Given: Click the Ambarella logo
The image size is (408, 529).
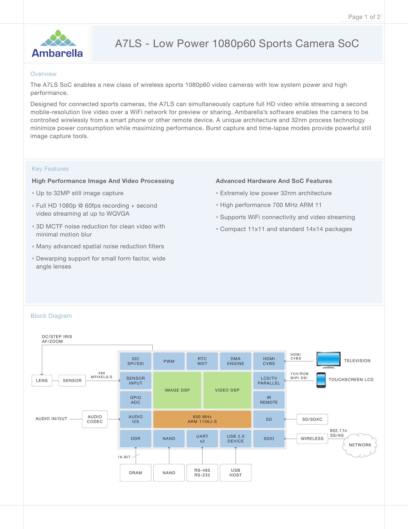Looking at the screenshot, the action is pyautogui.click(x=57, y=44).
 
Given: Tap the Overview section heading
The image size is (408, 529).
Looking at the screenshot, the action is pyautogui.click(x=43, y=74).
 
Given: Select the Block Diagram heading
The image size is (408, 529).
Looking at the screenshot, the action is pyautogui.click(x=51, y=316).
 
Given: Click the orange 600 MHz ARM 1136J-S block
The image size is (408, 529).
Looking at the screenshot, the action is pyautogui.click(x=202, y=419).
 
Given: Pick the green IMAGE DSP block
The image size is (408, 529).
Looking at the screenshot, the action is pyautogui.click(x=177, y=390).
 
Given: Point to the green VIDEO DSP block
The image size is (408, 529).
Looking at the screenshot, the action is pyautogui.click(x=227, y=390).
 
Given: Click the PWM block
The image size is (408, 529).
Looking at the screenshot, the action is pyautogui.click(x=169, y=361).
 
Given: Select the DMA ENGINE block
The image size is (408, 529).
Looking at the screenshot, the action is pyautogui.click(x=236, y=361).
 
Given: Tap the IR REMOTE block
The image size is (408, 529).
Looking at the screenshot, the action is pyautogui.click(x=269, y=400).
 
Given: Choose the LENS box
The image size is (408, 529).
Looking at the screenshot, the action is pyautogui.click(x=42, y=381).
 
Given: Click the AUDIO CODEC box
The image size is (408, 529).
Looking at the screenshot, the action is pyautogui.click(x=95, y=419).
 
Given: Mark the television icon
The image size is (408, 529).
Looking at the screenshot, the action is pyautogui.click(x=328, y=360).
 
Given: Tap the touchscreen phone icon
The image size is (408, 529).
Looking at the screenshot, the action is pyautogui.click(x=321, y=380).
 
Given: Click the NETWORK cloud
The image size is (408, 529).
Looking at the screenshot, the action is pyautogui.click(x=360, y=445).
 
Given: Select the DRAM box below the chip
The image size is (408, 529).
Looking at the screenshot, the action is pyautogui.click(x=136, y=473).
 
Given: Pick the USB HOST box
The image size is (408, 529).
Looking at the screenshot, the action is pyautogui.click(x=236, y=473).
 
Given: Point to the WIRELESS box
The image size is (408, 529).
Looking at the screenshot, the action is pyautogui.click(x=312, y=438).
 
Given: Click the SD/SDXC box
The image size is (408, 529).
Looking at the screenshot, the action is pyautogui.click(x=312, y=419).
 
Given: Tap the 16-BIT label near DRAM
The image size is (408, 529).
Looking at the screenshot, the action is pyautogui.click(x=124, y=457).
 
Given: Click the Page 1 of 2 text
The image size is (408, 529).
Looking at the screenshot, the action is pyautogui.click(x=364, y=17).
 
